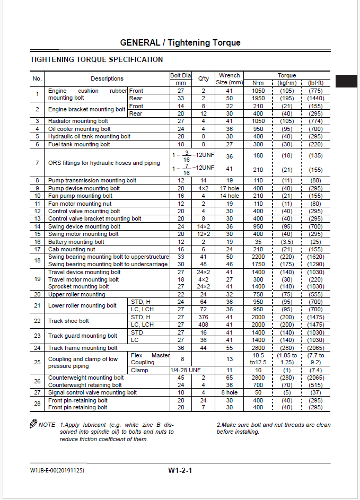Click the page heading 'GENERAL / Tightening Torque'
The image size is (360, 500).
(x=180, y=42)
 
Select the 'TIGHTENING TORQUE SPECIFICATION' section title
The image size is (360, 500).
(x=96, y=59)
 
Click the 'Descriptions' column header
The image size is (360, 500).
(x=107, y=78)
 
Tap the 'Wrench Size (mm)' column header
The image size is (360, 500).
(x=229, y=78)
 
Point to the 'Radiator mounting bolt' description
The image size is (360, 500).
(x=78, y=121)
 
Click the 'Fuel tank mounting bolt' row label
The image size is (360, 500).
(x=79, y=144)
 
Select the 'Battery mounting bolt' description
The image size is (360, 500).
(x=76, y=242)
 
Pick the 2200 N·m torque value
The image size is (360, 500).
(x=258, y=257)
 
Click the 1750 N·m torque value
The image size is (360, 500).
(x=258, y=264)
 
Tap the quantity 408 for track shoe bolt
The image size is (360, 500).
(x=203, y=324)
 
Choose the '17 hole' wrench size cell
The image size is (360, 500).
(x=230, y=188)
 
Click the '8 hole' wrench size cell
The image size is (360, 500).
(x=230, y=393)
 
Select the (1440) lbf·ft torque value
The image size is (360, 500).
(x=315, y=98)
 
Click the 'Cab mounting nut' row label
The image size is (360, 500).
(x=72, y=249)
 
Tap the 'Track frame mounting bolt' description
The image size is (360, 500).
(x=83, y=348)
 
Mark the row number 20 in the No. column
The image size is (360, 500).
(x=37, y=294)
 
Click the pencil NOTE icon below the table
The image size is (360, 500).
(x=34, y=424)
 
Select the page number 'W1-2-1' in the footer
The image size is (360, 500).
(x=180, y=470)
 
